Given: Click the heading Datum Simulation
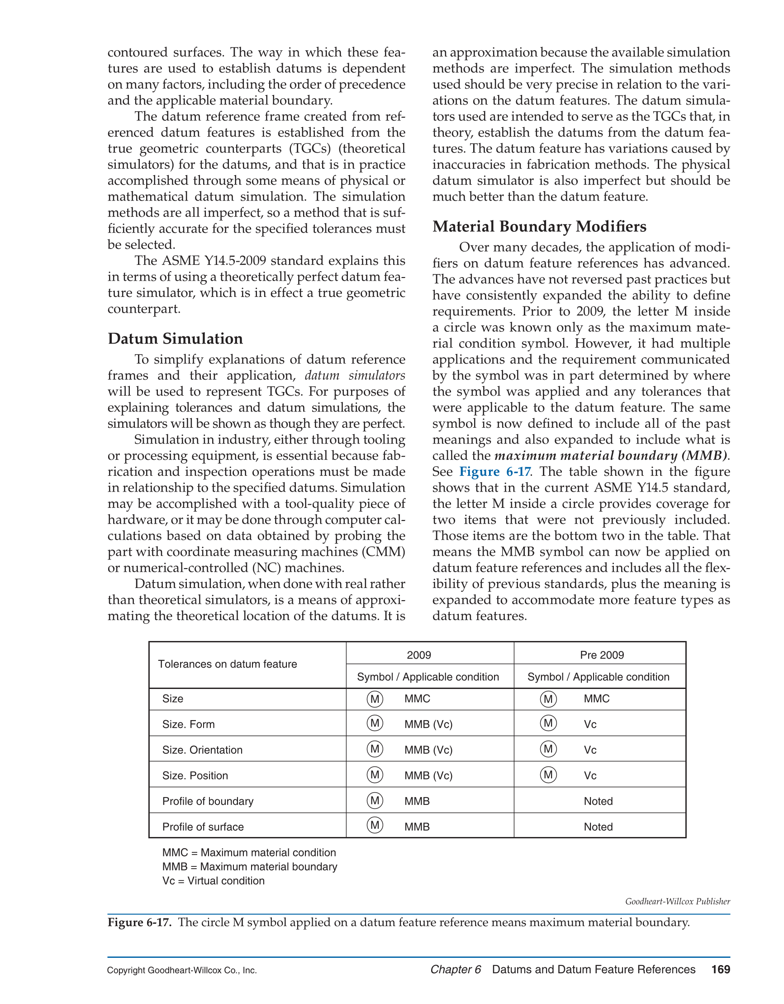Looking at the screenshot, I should coord(175,339).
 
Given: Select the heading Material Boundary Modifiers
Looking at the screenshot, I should coord(539,227).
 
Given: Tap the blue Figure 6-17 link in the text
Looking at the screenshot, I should coord(495,472).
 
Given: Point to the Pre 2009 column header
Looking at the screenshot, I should coord(602,655).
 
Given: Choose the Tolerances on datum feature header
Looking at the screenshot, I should coord(228,664).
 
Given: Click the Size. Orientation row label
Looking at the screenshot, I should coord(202,750).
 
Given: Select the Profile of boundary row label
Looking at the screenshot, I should coord(208,801).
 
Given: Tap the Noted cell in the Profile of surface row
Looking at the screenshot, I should coord(598,827).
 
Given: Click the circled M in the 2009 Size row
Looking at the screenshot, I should coord(375,699).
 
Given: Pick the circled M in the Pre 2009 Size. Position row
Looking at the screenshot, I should coord(548,775).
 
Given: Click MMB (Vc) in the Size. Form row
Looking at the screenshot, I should coord(428,725).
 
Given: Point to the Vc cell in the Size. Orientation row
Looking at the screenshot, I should coord(590,750).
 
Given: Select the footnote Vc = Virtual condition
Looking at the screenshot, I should coord(213,881).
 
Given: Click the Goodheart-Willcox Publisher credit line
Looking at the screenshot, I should coord(677,902).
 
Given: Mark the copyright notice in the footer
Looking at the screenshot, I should coord(182,971).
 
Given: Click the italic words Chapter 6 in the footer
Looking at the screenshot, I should coord(456,970).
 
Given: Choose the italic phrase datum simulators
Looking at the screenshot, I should coord(355,376).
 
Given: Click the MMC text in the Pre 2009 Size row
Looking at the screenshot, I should coord(597,699).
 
